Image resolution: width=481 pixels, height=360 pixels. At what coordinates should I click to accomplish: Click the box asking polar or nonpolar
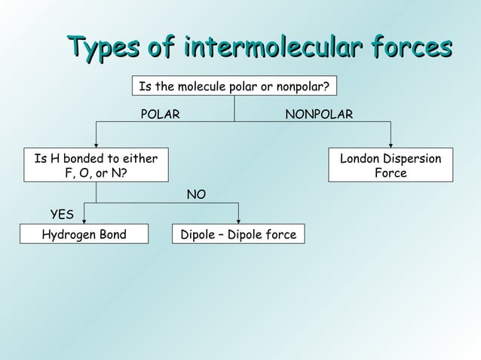coord(234,87)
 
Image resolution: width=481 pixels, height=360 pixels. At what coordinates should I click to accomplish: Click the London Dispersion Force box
coord(391,166)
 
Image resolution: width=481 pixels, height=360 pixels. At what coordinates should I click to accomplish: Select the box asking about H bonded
coord(96,166)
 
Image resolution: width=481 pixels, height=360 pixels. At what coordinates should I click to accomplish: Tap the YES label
coord(61,216)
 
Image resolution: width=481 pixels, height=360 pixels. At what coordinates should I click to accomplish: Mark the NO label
coord(196,195)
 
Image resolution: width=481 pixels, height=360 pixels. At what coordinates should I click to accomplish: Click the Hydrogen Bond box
coord(84,235)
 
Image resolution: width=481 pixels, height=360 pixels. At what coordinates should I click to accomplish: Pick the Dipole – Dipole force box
coord(238,235)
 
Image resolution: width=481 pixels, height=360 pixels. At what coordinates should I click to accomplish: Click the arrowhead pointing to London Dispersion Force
coord(391,144)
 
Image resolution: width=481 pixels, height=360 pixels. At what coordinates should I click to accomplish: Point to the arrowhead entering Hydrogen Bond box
coord(84,220)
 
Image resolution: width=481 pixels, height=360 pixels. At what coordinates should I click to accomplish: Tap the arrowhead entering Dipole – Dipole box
coord(238,220)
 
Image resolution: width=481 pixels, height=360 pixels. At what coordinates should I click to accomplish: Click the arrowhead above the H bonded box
coord(96,144)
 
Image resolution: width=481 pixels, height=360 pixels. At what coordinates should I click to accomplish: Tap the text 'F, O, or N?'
coord(96,173)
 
